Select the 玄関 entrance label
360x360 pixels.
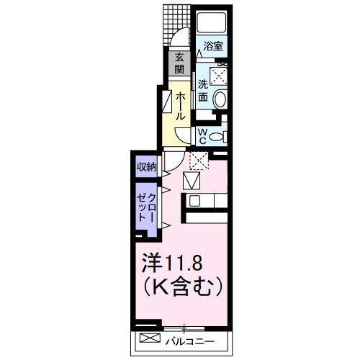coord(178,64)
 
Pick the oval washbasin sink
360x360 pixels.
coord(222,99)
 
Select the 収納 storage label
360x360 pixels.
coord(147,166)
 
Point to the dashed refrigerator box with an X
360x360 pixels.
coord(198,159)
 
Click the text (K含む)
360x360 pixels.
coord(184,287)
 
